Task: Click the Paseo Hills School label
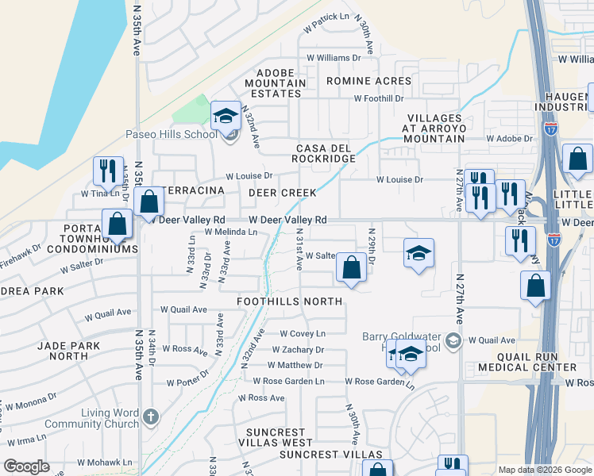(x=171, y=134)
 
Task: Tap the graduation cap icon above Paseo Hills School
(x=226, y=116)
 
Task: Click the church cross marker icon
(x=152, y=416)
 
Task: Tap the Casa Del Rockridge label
(x=326, y=153)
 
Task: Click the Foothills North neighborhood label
(x=290, y=301)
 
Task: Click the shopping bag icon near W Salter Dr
(x=351, y=267)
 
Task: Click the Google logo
(x=27, y=466)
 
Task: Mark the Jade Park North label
(x=68, y=351)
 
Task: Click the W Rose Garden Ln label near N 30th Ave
(x=380, y=382)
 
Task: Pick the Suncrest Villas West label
(x=275, y=442)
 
